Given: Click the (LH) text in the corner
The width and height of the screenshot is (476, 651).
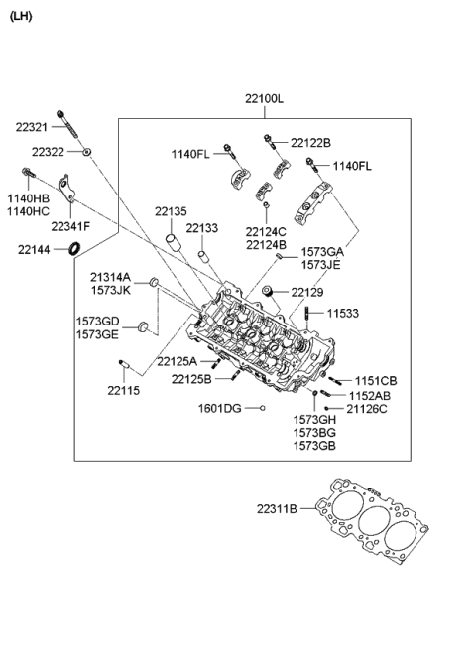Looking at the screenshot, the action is click(21, 17).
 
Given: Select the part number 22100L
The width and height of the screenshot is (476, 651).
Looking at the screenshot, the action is click(264, 99).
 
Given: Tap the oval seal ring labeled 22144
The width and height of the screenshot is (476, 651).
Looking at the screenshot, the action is click(74, 248).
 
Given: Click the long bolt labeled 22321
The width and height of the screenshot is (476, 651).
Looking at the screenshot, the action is click(66, 124).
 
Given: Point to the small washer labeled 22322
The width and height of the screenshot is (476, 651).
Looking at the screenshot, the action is click(86, 152).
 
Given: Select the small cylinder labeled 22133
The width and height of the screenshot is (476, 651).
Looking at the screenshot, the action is click(202, 255).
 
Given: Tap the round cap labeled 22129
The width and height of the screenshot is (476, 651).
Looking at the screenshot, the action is click(268, 291).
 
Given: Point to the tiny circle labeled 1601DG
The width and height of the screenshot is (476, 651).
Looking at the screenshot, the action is click(262, 408).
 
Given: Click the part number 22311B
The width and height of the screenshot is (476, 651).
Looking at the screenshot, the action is click(277, 508).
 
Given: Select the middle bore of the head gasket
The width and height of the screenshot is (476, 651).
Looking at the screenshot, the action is click(374, 524).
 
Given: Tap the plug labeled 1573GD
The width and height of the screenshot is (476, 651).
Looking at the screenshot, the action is click(143, 326).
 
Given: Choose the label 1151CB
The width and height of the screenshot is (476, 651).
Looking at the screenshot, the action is click(376, 381).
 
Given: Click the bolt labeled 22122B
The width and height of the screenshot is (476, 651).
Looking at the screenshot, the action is click(270, 143).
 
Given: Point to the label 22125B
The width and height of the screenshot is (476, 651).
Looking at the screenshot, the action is click(191, 379).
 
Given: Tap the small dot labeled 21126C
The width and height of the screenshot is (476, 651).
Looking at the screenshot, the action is click(327, 409).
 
